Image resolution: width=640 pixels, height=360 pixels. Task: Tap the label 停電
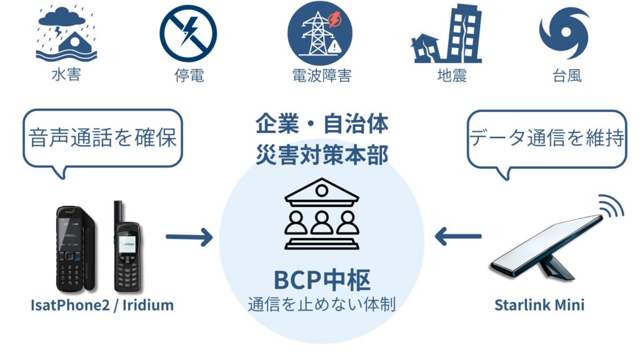click(x=189, y=76)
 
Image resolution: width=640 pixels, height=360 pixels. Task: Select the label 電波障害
click(x=321, y=76)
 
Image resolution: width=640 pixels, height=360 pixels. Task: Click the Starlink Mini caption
click(x=539, y=306)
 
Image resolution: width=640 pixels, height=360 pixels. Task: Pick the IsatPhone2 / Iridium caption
click(x=102, y=306)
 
